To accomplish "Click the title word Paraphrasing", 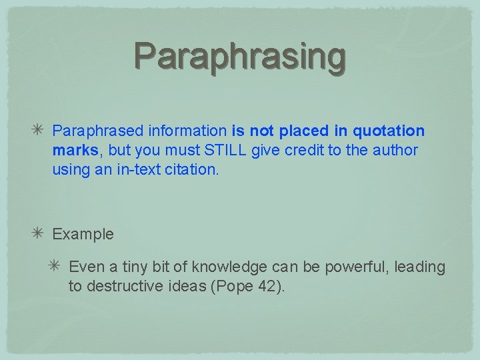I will tap(240, 56).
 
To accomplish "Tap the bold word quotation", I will tap(389, 131).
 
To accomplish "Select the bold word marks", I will tap(75, 151).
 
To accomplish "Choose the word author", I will tap(394, 151).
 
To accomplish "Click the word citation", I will tap(193, 170).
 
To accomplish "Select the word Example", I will tap(83, 235).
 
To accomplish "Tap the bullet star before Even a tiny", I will tap(56, 267).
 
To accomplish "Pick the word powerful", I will tap(358, 267).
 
